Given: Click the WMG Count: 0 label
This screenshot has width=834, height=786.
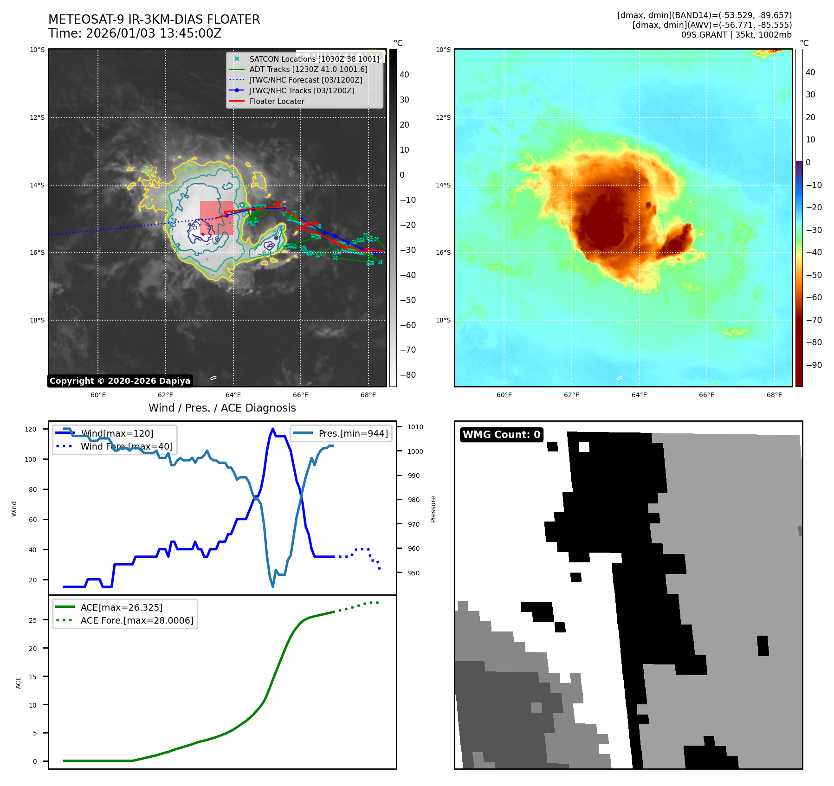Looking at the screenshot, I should click(501, 435).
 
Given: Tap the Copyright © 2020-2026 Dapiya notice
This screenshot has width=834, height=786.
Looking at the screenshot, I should click(120, 381).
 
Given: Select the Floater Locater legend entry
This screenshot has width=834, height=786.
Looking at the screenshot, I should click(277, 101).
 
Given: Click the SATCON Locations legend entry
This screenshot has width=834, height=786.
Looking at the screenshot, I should click(314, 59).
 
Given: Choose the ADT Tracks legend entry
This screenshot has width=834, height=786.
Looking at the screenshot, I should click(308, 70).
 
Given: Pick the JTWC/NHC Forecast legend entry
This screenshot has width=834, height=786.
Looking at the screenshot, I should click(305, 80).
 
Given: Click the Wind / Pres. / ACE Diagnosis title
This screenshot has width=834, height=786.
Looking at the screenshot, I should click(222, 408).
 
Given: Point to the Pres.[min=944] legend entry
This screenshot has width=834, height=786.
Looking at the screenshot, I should click(353, 433).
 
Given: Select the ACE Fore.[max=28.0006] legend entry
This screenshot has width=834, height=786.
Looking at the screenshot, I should click(137, 620).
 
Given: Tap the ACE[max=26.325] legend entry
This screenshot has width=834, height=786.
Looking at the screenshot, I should click(122, 607).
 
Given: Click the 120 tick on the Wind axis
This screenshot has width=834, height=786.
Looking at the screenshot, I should click(31, 429).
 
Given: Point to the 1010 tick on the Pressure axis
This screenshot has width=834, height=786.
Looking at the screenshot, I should click(415, 427).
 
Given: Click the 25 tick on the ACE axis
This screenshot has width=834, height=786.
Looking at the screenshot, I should click(33, 620).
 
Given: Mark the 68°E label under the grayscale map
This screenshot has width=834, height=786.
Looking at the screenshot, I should click(368, 395).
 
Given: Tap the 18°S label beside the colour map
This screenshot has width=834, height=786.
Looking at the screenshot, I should click(443, 320).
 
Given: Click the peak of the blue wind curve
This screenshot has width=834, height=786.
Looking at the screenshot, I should click(273, 429).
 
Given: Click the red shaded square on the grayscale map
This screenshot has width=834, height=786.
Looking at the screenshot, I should click(217, 218).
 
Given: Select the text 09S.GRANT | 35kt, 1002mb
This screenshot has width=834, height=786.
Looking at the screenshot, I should click(736, 35).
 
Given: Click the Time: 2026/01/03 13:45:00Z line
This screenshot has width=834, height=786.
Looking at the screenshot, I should click(135, 33).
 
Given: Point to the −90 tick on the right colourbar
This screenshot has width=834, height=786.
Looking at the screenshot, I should click(814, 365).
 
